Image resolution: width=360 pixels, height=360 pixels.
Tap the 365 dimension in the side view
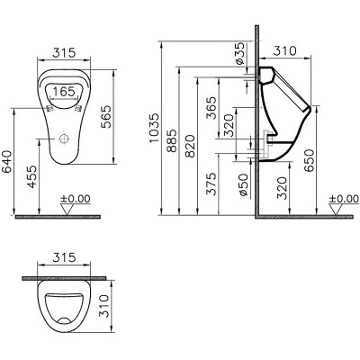coord(211,110)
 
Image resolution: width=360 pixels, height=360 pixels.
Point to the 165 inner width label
coord(62,92)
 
